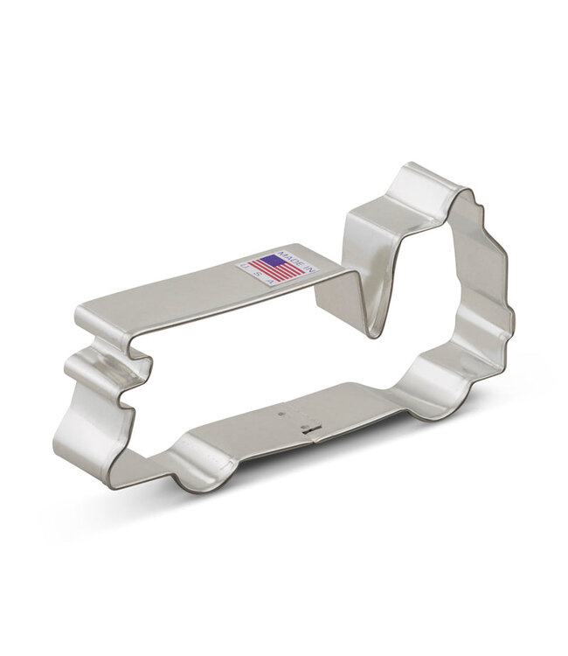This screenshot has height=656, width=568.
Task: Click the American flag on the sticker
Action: (x=274, y=269)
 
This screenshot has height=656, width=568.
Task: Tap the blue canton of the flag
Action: (x=273, y=260)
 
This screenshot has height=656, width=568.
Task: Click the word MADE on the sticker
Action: (x=289, y=257)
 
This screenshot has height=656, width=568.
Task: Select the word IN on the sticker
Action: (x=308, y=268)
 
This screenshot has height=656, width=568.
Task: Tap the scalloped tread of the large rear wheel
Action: (x=495, y=262)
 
